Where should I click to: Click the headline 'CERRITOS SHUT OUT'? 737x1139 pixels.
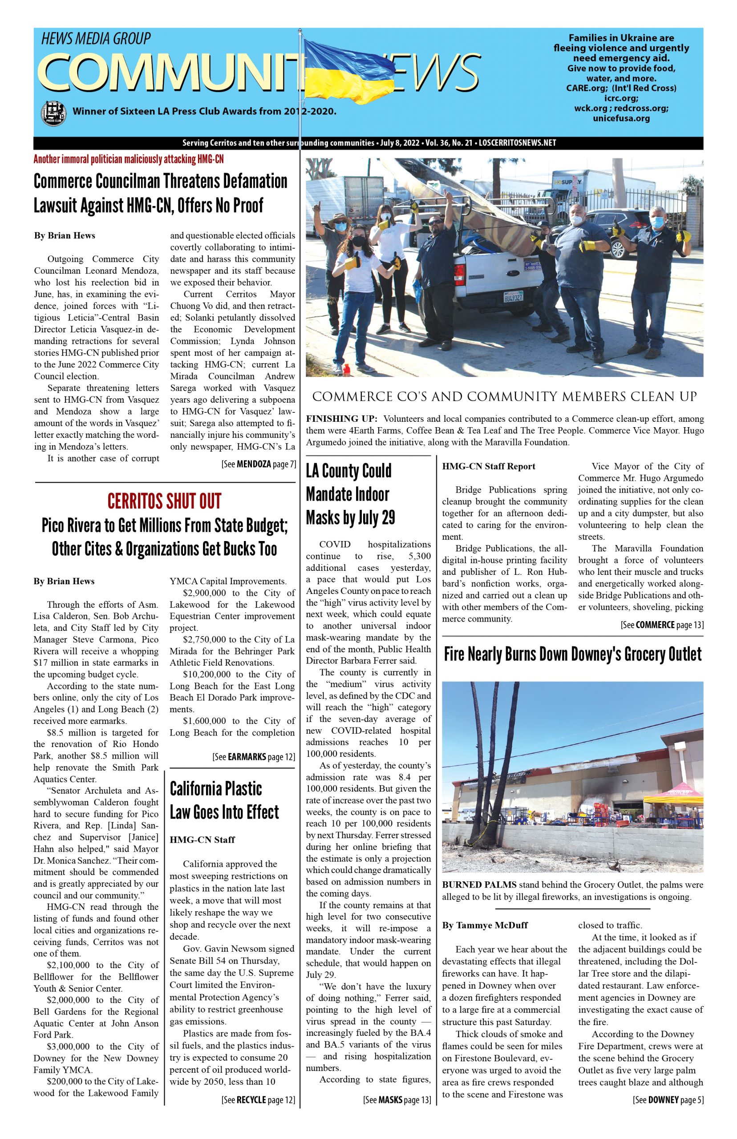coord(164,501)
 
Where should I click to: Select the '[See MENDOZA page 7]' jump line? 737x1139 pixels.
coord(259,464)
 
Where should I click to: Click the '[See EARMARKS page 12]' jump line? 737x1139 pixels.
coord(254,757)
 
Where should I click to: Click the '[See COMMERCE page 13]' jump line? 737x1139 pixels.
coord(662,625)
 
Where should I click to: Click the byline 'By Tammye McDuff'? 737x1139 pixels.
coord(485,925)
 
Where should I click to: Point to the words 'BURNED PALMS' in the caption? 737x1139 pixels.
coord(478,885)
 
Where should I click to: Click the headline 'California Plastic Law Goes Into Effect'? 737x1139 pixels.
coord(224,800)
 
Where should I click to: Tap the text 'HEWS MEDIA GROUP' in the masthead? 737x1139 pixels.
coord(96,38)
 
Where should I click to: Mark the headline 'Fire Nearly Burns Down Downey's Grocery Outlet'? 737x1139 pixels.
coord(572,654)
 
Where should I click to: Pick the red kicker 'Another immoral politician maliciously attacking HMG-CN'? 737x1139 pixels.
coord(129,159)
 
